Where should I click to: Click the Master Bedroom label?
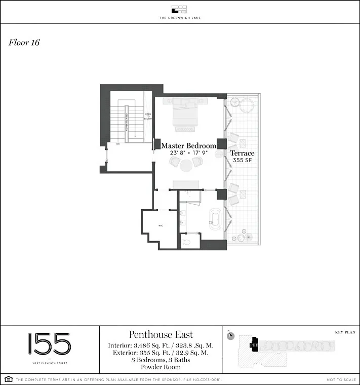188,145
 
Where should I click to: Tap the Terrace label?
242,153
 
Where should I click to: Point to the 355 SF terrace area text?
242,160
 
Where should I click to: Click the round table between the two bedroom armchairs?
186,164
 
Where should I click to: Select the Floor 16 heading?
24,43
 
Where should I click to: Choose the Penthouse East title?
161,334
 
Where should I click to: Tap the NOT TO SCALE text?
340,379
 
